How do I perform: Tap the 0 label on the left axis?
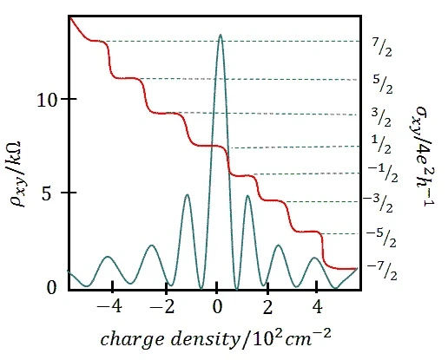pos(52,288)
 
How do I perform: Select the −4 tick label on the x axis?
pos(109,307)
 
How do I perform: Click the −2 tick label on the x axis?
pos(162,307)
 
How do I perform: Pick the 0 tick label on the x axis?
pos(217,307)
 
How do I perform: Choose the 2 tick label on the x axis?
pos(268,307)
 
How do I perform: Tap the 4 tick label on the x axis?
pos(318,307)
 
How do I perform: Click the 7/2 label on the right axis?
pos(382,47)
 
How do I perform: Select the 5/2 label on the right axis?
pos(383,84)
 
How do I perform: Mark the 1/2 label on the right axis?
pos(381,144)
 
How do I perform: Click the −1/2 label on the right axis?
pos(383,173)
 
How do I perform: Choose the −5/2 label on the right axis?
pos(381,238)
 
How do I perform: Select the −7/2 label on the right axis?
pos(382,271)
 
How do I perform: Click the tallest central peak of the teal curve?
pos(221,35)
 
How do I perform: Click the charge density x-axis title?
pos(215,338)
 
